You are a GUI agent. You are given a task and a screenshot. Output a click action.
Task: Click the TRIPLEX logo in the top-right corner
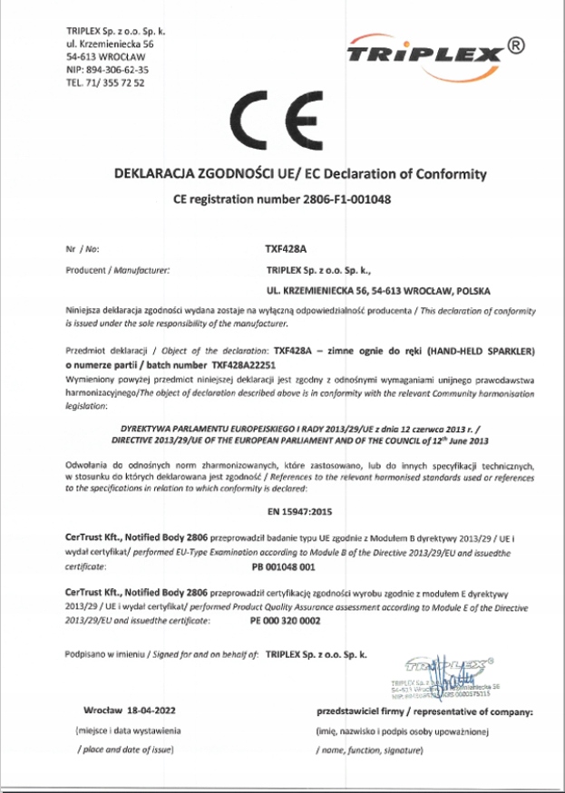pyautogui.click(x=424, y=54)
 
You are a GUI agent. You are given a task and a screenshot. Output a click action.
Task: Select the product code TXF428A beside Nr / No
pyautogui.click(x=275, y=247)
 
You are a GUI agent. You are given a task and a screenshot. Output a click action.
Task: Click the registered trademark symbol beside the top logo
pyautogui.click(x=514, y=44)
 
